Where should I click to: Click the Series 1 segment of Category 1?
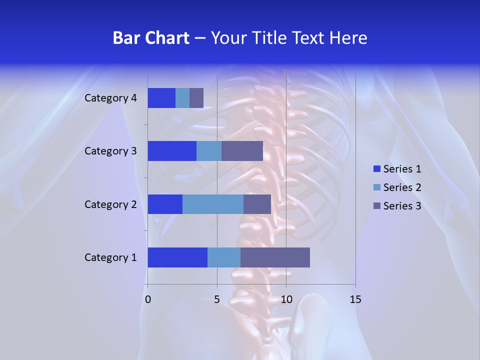[177, 257]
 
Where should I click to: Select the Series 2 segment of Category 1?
[224, 257]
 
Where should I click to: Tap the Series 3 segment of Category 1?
[275, 257]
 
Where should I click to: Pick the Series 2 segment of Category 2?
[213, 204]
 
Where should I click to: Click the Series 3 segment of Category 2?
[257, 204]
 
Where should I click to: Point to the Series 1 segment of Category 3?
[172, 151]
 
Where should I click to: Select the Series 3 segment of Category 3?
[242, 151]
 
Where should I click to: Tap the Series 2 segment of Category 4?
[182, 98]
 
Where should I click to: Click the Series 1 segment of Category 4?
[161, 98]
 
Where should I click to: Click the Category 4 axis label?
[110, 98]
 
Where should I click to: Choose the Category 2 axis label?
[110, 204]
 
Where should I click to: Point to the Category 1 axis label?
[110, 257]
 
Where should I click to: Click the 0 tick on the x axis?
[148, 299]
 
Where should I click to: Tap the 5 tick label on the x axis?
[217, 299]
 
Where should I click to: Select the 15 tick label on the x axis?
[355, 299]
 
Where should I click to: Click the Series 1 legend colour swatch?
[377, 169]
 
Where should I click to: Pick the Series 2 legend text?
[402, 187]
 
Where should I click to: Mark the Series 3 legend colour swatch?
[377, 206]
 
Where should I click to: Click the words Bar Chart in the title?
[151, 38]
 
